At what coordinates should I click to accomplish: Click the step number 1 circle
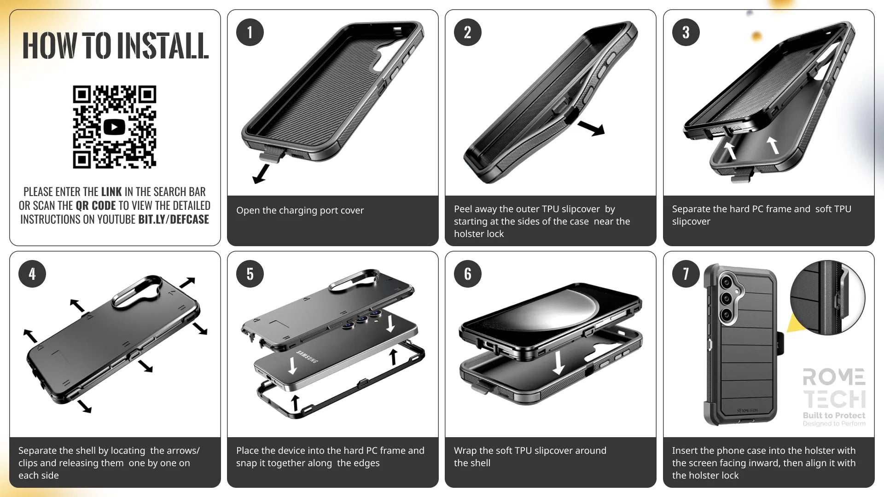coord(250,32)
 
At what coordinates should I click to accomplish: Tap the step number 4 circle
coord(32,274)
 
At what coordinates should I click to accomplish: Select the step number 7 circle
coord(686,274)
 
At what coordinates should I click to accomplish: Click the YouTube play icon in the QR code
coord(114,127)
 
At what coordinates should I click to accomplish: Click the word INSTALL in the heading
coord(163,46)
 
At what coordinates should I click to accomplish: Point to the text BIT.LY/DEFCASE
coord(174,220)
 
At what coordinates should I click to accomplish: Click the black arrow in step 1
coord(261,174)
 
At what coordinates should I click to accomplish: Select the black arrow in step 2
coord(591,128)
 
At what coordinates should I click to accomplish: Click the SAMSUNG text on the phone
coord(307,357)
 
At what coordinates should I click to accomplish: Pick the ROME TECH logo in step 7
coord(834,388)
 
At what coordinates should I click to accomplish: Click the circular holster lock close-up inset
coord(828,298)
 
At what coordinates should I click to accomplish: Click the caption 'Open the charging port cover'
coord(300,210)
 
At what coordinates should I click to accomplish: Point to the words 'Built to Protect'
coord(834,415)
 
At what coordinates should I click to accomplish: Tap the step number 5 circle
coord(250,274)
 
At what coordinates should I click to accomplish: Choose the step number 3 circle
coord(686,32)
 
